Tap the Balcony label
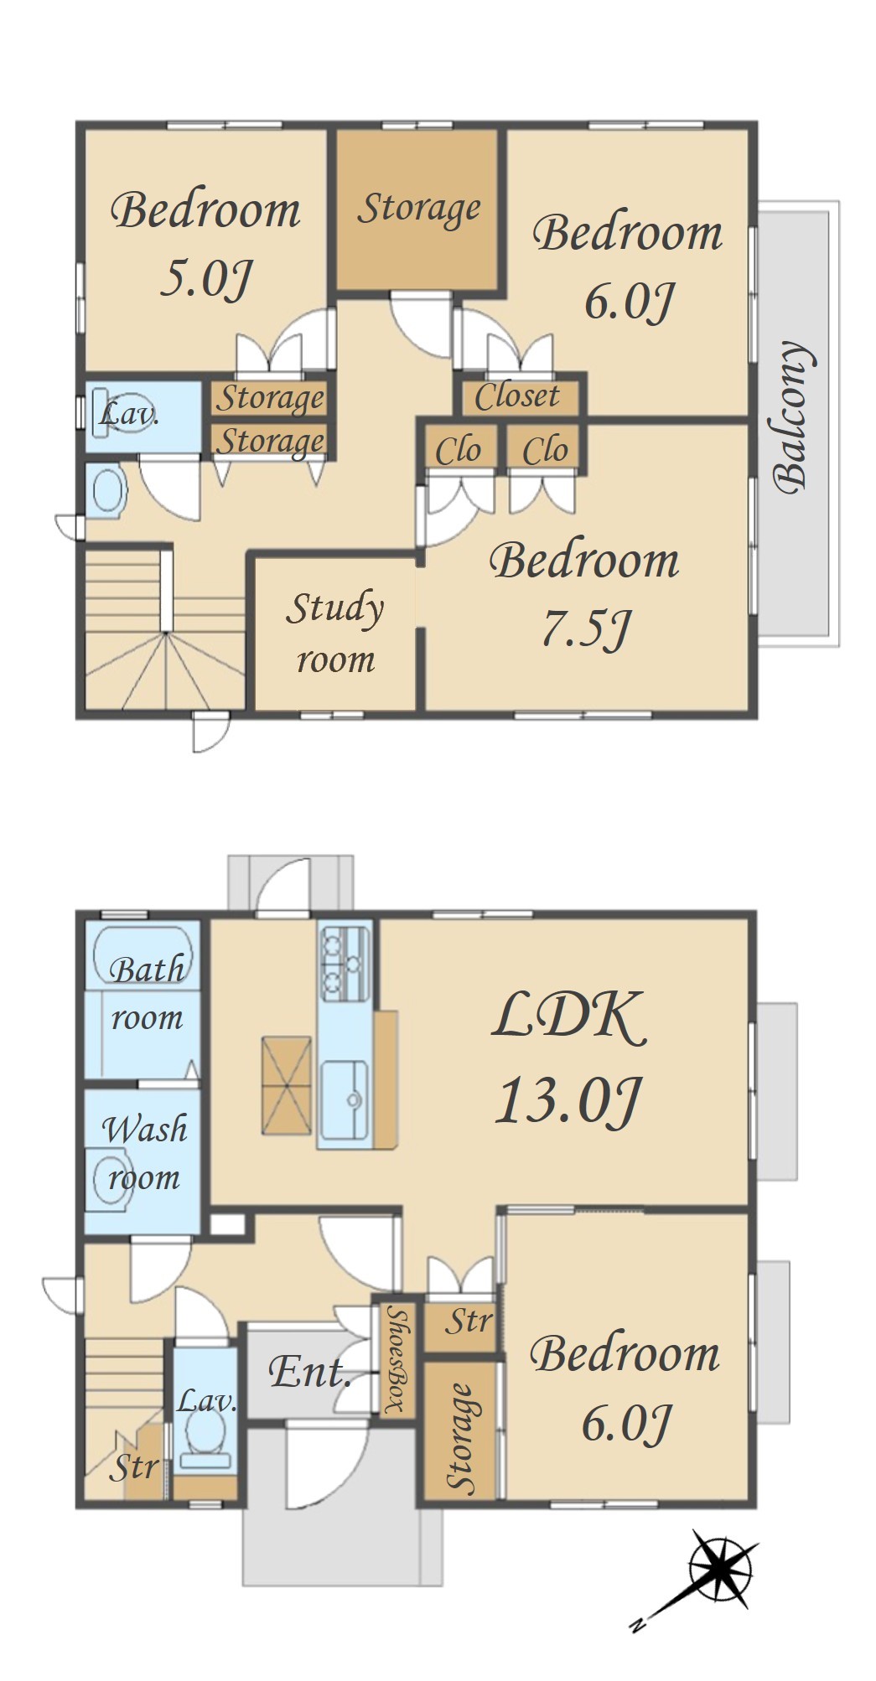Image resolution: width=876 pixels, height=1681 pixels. coord(793,416)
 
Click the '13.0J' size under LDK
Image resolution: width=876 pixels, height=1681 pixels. coord(568,1100)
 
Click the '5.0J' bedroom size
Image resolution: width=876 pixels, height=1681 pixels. coord(205,278)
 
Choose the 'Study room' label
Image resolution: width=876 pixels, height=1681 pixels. coord(335,633)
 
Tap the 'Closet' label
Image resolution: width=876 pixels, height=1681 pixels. coord(517,396)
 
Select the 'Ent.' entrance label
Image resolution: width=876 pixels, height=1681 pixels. coord(309,1372)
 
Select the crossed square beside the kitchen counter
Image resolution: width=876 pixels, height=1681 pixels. coord(286,1085)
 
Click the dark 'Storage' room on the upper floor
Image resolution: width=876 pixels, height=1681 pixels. coord(419,209)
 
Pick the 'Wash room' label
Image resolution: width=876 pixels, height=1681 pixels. coord(145,1152)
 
